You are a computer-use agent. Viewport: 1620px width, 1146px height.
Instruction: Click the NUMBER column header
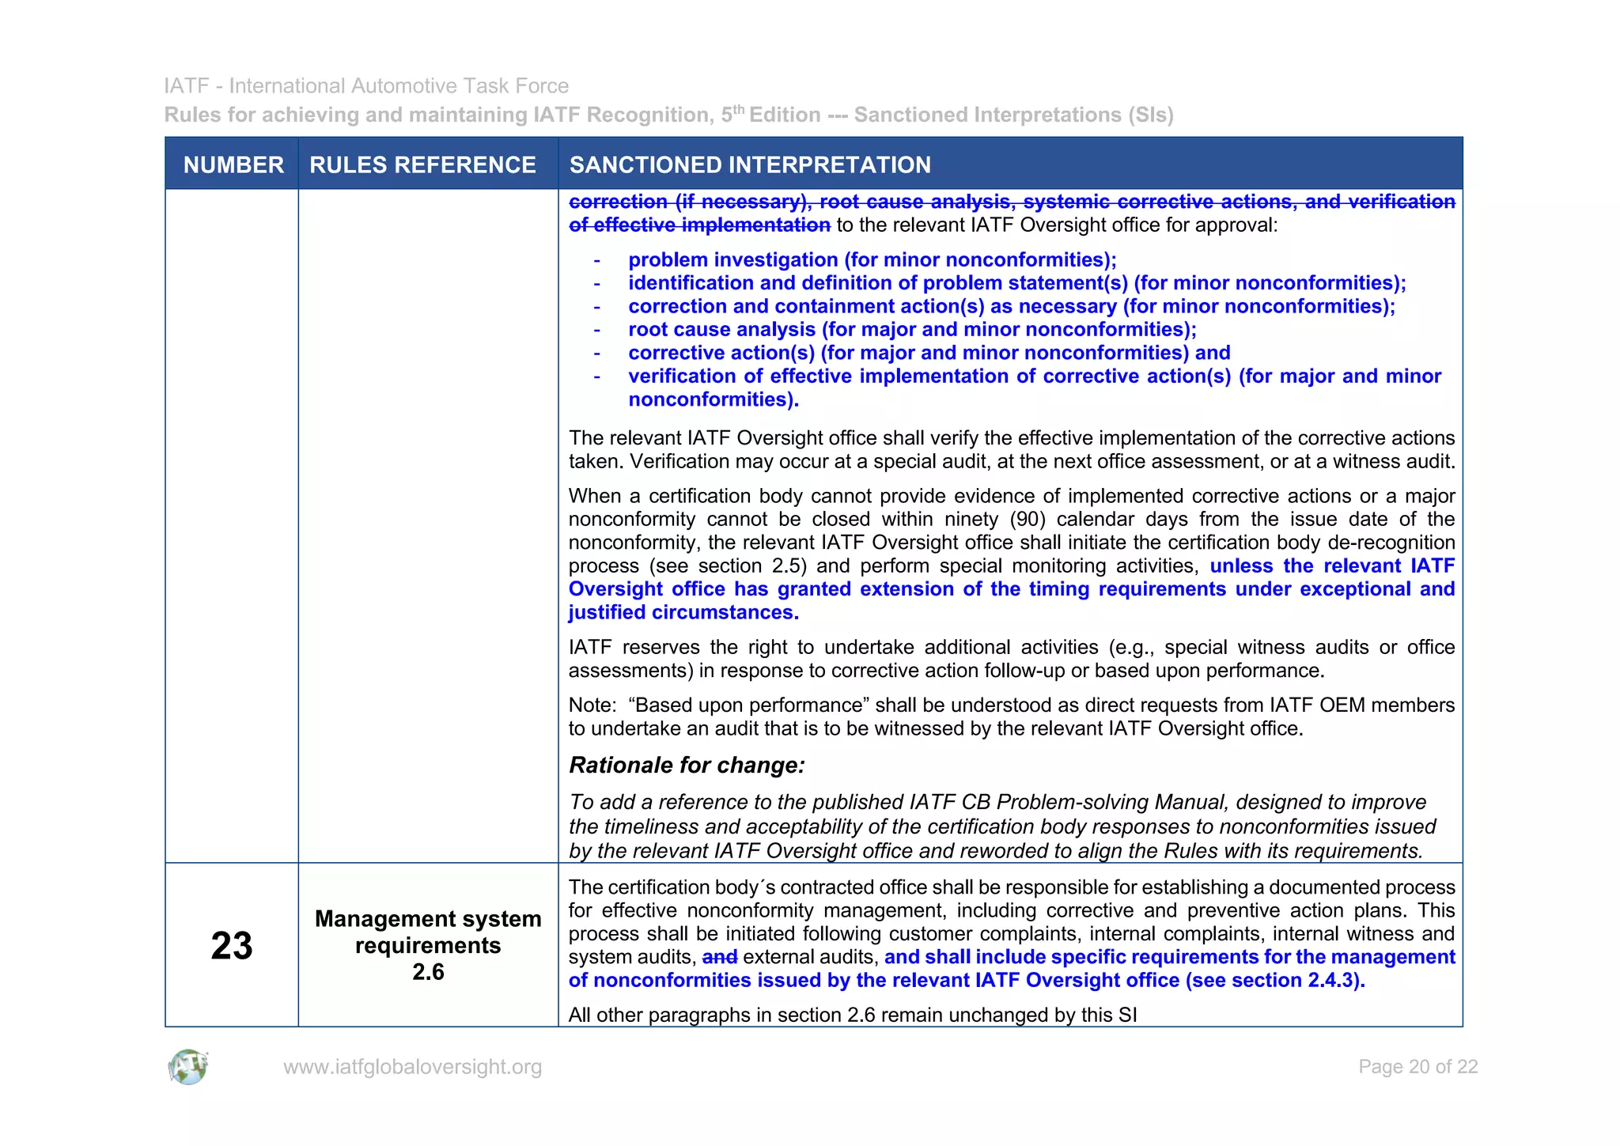pos(233,165)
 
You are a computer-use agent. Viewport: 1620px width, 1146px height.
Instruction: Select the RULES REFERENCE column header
pos(422,165)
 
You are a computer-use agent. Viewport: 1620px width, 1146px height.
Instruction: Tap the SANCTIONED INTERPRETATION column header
pos(750,165)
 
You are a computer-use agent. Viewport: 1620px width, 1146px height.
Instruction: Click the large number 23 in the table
pos(232,946)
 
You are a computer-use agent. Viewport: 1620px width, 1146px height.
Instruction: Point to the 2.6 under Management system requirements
pos(428,972)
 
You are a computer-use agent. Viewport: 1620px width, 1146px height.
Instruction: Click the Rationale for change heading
pos(687,766)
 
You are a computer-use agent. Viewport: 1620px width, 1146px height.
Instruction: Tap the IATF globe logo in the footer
pos(188,1067)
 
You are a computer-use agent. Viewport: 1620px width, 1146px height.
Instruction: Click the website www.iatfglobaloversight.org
pos(412,1067)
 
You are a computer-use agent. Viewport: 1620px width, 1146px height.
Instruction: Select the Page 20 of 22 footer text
pos(1417,1067)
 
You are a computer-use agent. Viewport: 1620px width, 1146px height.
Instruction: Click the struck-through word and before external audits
pos(720,958)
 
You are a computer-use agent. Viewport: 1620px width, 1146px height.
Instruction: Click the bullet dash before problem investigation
pos(597,261)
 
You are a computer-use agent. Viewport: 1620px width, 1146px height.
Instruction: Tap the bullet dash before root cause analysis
pos(597,331)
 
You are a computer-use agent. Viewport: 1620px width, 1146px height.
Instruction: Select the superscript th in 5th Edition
pos(739,109)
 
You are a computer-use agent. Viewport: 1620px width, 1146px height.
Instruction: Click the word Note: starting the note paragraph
pos(592,705)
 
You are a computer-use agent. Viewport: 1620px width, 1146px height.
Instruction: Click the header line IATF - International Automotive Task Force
pos(366,85)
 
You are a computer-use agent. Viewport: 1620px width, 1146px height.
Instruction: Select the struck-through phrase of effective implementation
pos(699,225)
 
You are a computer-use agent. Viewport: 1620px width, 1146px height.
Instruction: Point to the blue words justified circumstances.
pos(683,613)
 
